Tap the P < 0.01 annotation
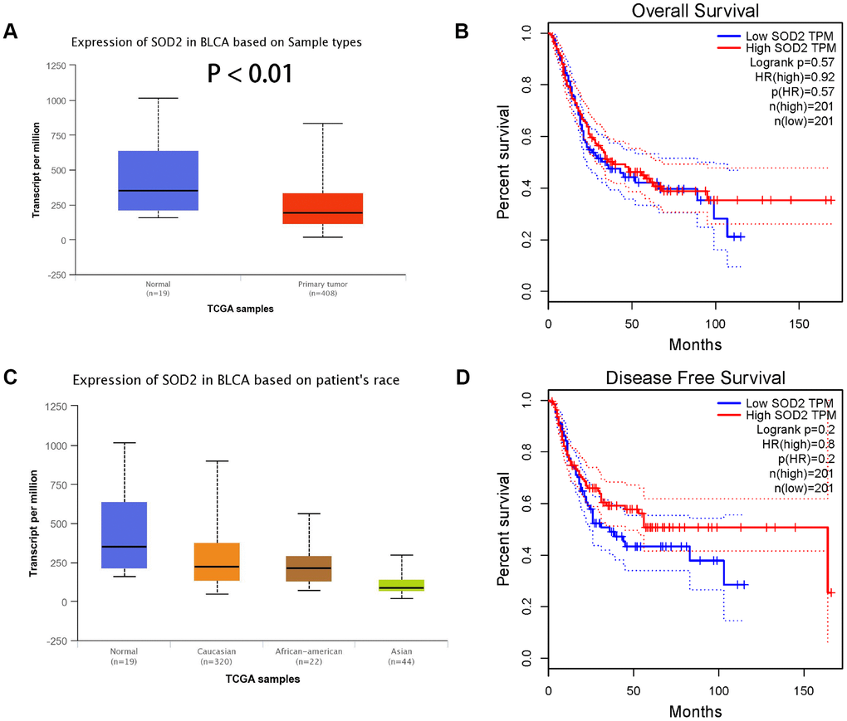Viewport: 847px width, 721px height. pyautogui.click(x=249, y=75)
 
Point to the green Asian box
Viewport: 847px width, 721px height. pyautogui.click(x=401, y=585)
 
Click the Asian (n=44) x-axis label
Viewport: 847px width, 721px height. pyautogui.click(x=401, y=656)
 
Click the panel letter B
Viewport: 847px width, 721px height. pyautogui.click(x=463, y=32)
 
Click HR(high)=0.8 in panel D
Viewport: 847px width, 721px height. pyautogui.click(x=796, y=444)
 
